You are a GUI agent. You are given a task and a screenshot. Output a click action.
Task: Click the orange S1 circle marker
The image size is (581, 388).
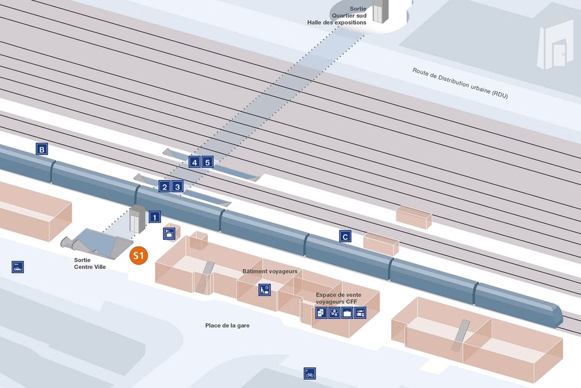pos(139,255)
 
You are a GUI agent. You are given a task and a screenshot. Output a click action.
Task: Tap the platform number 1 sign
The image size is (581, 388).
pos(155,217)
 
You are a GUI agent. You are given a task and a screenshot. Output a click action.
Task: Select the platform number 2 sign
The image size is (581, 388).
pos(165,187)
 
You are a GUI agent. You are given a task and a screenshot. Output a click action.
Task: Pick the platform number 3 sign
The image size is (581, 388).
pos(178,187)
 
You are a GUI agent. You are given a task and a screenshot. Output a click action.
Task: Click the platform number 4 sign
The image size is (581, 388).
pos(194,162)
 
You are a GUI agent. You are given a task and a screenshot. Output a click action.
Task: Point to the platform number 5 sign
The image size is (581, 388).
pos(207,162)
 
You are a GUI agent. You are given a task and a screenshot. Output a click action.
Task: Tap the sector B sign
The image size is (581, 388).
pos(42,150)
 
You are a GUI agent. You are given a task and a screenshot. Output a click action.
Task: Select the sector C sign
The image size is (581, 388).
pos(346,237)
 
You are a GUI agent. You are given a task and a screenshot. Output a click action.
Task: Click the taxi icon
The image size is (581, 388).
pos(17,266)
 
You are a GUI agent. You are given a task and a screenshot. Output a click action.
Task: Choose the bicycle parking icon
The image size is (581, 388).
pos(310,373)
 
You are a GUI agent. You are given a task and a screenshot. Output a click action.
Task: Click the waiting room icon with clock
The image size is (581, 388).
pos(265,290)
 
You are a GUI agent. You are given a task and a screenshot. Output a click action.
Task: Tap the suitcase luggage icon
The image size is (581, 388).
pos(347,313)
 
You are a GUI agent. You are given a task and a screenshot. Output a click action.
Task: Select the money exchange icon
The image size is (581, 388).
pos(334,313)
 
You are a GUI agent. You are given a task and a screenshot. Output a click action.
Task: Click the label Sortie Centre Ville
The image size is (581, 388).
pos(90,263)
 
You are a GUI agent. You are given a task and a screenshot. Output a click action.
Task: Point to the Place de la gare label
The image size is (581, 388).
pos(227,325)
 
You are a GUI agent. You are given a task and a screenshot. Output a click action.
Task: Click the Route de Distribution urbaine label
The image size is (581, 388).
pos(460,82)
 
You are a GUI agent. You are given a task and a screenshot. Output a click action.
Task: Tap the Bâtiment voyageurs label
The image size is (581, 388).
pos(270,271)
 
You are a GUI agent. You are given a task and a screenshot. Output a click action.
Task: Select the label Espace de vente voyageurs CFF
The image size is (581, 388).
pos(339,298)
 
